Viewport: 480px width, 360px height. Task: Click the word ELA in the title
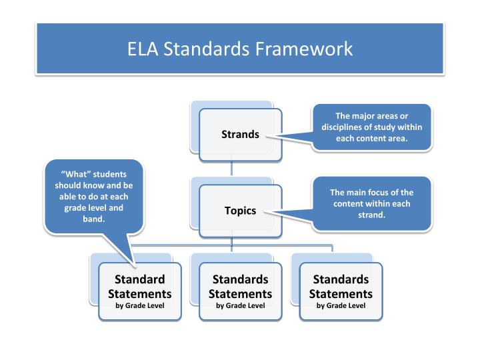pyautogui.click(x=142, y=49)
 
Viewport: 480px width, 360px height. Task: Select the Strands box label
pyautogui.click(x=240, y=135)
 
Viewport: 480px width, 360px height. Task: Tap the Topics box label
pyautogui.click(x=240, y=211)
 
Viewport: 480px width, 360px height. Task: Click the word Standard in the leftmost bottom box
pyautogui.click(x=140, y=279)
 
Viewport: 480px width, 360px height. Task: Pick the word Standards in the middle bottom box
pyautogui.click(x=240, y=279)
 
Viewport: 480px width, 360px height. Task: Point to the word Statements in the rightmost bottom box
pyautogui.click(x=341, y=294)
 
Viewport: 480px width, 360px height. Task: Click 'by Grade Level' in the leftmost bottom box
pyautogui.click(x=140, y=306)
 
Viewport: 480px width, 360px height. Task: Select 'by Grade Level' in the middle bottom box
pyautogui.click(x=240, y=306)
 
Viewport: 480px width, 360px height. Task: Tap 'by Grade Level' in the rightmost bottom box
pyautogui.click(x=341, y=306)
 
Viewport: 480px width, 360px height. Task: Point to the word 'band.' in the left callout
pyautogui.click(x=93, y=218)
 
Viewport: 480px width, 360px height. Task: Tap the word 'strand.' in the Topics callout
pyautogui.click(x=372, y=215)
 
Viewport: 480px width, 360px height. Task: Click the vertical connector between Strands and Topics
pyautogui.click(x=232, y=169)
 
